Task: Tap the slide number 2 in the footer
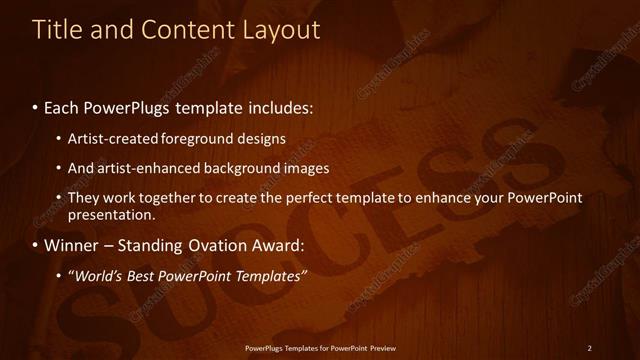(x=590, y=348)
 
